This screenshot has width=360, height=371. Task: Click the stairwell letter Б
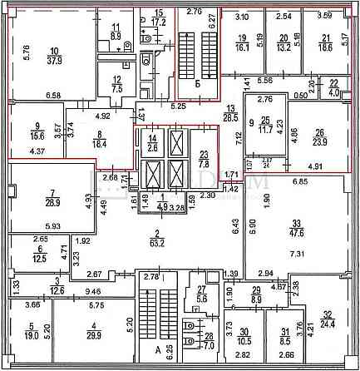tap(196, 84)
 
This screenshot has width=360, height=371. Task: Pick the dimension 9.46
tap(81, 292)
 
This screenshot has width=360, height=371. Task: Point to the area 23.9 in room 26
tap(318, 141)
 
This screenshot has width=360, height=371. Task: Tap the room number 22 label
tap(334, 83)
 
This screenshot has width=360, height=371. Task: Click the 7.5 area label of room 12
tap(116, 90)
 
